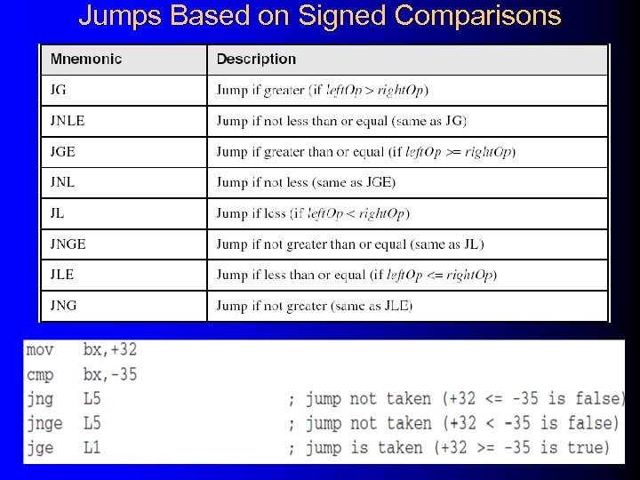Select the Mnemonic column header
click(86, 60)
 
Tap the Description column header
click(256, 60)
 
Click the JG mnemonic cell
click(60, 90)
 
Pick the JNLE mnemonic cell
click(68, 120)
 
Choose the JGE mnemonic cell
click(63, 151)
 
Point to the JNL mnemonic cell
click(63, 182)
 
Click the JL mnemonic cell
click(59, 213)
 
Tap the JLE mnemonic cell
click(63, 275)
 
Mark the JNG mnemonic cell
click(64, 305)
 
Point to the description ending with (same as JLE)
click(315, 306)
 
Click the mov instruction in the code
click(40, 349)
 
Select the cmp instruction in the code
click(40, 374)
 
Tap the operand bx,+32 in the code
click(110, 349)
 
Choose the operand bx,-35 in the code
click(110, 374)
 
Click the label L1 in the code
click(92, 448)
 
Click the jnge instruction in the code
click(44, 423)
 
